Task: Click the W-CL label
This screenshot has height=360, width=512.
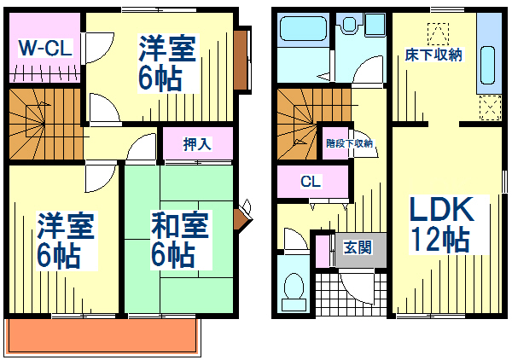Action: pyautogui.click(x=45, y=49)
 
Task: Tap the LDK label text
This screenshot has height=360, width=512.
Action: pyautogui.click(x=441, y=209)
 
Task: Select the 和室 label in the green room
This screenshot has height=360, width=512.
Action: pyautogui.click(x=180, y=225)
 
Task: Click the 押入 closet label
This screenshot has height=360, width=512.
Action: pyautogui.click(x=198, y=144)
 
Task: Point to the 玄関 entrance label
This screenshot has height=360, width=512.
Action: pyautogui.click(x=358, y=247)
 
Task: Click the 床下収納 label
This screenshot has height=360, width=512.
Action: pyautogui.click(x=433, y=55)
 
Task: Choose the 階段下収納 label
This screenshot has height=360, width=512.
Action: pyautogui.click(x=349, y=143)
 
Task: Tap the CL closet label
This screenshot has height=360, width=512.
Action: pyautogui.click(x=311, y=181)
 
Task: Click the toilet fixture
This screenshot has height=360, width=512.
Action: pyautogui.click(x=294, y=291)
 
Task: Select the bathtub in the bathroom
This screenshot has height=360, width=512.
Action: pyautogui.click(x=303, y=29)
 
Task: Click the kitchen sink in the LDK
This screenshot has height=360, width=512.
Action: pyautogui.click(x=488, y=66)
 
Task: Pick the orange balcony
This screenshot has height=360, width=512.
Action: pyautogui.click(x=102, y=336)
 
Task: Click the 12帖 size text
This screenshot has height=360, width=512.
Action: pyautogui.click(x=439, y=239)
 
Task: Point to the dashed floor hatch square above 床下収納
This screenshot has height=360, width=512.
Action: pyautogui.click(x=438, y=33)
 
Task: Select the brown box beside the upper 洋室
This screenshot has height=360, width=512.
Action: pyautogui.click(x=241, y=60)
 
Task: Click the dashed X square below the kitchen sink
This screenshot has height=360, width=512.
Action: pyautogui.click(x=490, y=107)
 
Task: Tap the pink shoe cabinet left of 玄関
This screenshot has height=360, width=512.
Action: pyautogui.click(x=323, y=251)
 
